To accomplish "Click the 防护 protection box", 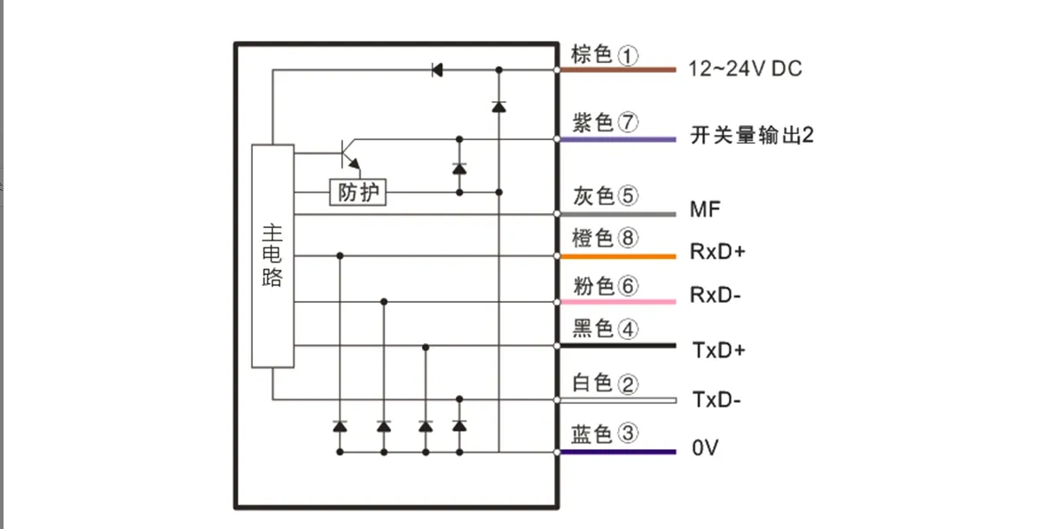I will pyautogui.click(x=358, y=192).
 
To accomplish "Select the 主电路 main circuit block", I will pyautogui.click(x=272, y=256).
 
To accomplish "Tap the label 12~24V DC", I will pyautogui.click(x=745, y=69).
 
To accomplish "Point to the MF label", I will pyautogui.click(x=706, y=210).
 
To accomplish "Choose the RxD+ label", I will pyautogui.click(x=717, y=252).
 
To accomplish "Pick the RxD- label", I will pyautogui.click(x=715, y=296).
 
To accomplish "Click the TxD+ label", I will pyautogui.click(x=717, y=351).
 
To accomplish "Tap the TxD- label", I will pyautogui.click(x=716, y=400).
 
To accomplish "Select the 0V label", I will pyautogui.click(x=705, y=449).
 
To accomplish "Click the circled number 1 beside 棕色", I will pyautogui.click(x=628, y=56).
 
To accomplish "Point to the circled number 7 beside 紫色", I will pyautogui.click(x=628, y=123).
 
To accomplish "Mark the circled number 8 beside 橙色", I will pyautogui.click(x=628, y=238).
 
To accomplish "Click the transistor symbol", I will pyautogui.click(x=348, y=154).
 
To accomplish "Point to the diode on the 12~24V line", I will pyautogui.click(x=437, y=69).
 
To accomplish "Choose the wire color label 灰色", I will pyautogui.click(x=593, y=196).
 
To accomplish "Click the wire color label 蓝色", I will pyautogui.click(x=593, y=434).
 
